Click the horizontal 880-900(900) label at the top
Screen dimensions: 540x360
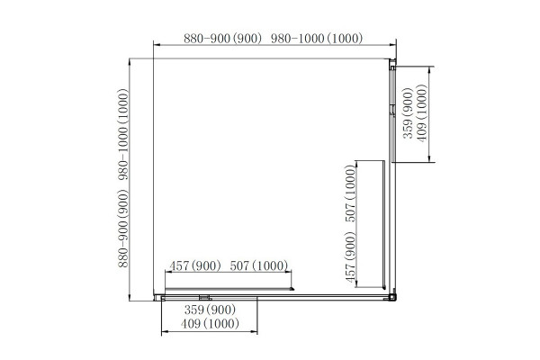(223, 38)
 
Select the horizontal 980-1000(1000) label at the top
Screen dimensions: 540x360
(317, 38)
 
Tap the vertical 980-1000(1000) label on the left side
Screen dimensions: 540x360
(123, 135)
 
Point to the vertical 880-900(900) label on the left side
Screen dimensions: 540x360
(123, 229)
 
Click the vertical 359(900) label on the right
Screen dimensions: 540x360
(408, 113)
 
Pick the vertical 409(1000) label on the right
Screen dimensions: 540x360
(421, 113)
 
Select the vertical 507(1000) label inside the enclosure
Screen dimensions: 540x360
(350, 193)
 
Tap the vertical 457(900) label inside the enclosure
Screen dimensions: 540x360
(350, 257)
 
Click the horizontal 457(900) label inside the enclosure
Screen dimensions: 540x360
(195, 266)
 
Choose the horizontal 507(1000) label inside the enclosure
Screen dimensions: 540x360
(259, 266)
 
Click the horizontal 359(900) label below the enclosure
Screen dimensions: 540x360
(210, 310)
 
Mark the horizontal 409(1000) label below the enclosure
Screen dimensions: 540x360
(210, 324)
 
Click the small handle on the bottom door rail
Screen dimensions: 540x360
(205, 298)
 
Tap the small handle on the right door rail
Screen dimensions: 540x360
(392, 110)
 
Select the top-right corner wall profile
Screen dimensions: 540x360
(392, 65)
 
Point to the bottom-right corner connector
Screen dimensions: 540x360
(392, 297)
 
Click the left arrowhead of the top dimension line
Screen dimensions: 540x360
(157, 45)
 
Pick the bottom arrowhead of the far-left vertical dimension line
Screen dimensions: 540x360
(130, 297)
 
